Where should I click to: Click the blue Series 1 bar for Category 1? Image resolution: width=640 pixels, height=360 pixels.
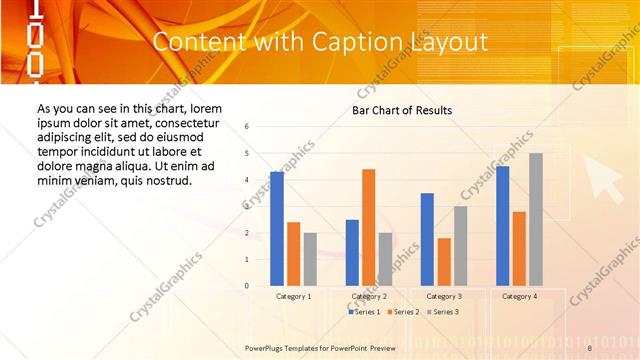click(277, 229)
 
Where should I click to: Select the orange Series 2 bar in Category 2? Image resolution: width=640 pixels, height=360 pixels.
click(368, 227)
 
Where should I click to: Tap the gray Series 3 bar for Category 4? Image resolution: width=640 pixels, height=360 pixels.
click(536, 219)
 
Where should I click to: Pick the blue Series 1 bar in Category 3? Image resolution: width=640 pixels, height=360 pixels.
click(427, 239)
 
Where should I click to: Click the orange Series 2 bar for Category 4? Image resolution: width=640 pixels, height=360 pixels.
click(519, 248)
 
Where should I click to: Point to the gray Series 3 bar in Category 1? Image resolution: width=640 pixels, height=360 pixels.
click(310, 259)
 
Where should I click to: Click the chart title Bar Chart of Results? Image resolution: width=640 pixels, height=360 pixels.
click(402, 110)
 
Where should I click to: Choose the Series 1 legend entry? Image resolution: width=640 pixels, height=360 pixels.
click(363, 312)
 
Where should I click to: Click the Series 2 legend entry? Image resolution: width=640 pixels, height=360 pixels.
click(402, 312)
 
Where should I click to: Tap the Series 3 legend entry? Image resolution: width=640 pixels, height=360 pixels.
click(442, 312)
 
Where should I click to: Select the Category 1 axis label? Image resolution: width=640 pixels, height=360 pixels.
click(294, 297)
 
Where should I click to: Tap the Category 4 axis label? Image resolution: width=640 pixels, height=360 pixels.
click(519, 297)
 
